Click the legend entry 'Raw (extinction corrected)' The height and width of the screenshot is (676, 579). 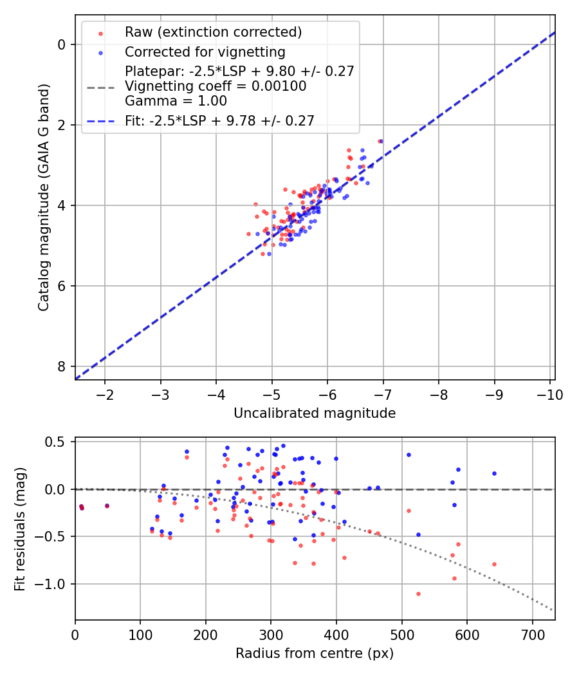(213, 32)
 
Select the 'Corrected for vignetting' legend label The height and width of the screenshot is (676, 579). (205, 52)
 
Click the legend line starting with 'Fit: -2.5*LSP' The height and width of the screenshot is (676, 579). (219, 120)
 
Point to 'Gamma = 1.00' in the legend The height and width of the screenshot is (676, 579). (176, 100)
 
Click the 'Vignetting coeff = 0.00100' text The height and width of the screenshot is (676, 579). (216, 86)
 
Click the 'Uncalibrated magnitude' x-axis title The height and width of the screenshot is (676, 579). (315, 413)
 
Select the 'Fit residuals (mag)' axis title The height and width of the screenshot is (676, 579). (20, 529)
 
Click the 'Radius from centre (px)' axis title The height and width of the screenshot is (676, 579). (315, 653)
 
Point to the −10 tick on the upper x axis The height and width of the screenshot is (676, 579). (550, 394)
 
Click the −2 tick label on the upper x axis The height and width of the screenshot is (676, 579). (105, 394)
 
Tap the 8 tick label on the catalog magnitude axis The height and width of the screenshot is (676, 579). (62, 366)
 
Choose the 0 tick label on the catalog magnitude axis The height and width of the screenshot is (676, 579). (62, 44)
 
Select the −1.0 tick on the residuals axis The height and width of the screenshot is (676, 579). (53, 584)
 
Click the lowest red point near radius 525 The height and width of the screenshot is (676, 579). (418, 594)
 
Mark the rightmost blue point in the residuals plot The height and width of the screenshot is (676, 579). (494, 473)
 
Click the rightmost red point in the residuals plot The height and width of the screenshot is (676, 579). (494, 564)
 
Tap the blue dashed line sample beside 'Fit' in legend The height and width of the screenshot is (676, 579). (100, 120)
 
